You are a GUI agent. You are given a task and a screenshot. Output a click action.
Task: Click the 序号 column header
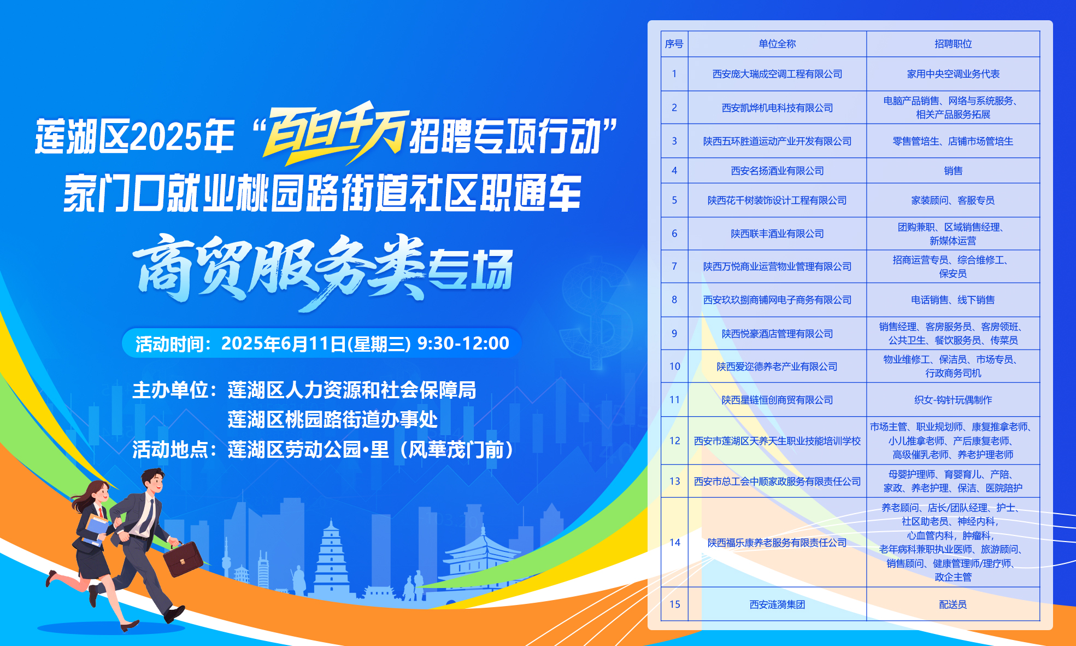coord(674,44)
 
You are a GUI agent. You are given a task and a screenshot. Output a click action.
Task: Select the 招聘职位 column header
coord(953,44)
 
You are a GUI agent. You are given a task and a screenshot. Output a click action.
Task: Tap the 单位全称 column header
coord(777,44)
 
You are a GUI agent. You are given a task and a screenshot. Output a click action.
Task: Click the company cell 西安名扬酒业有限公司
coord(777,171)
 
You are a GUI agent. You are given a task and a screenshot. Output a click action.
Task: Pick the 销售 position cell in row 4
coord(953,171)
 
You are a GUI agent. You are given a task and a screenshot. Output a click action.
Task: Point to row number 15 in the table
coord(674,604)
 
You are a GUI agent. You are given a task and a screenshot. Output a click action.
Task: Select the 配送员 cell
coord(953,604)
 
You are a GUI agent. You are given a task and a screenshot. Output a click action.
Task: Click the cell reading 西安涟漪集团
coord(777,604)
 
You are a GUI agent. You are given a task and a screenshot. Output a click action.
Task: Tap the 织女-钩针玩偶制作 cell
coord(953,400)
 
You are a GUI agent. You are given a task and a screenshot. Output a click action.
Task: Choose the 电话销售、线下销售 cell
coord(953,300)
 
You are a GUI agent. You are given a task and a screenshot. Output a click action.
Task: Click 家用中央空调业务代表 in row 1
coord(953,74)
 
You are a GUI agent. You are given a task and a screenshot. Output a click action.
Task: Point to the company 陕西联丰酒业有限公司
coord(777,234)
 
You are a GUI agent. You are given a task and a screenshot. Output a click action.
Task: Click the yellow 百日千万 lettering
coord(334,133)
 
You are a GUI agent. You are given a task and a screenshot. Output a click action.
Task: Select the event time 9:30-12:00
coord(463,343)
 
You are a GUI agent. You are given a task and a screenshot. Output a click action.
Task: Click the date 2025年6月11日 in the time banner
coord(284,343)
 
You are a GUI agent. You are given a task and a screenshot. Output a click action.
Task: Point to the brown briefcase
coord(184,558)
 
